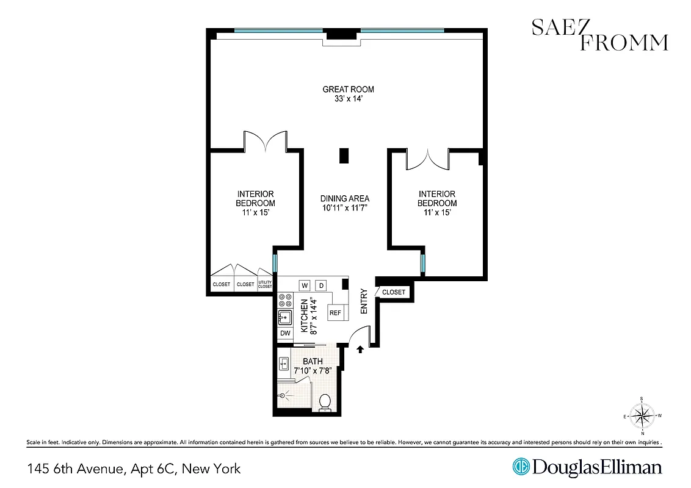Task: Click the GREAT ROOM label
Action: [348, 90]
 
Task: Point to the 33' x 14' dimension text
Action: [348, 99]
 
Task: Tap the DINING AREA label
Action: [345, 199]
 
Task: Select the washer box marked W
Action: [304, 285]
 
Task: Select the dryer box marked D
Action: [320, 285]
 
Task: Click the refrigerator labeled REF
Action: [335, 313]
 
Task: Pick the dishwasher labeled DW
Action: [285, 333]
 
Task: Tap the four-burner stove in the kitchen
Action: [285, 300]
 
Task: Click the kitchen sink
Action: [284, 317]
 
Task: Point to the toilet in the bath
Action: [325, 402]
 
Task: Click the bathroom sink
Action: [283, 364]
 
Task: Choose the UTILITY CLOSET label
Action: [265, 284]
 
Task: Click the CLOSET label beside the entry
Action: [394, 292]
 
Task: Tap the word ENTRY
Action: [364, 301]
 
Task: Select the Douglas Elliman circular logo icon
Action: [521, 467]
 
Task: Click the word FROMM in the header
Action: [624, 42]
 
